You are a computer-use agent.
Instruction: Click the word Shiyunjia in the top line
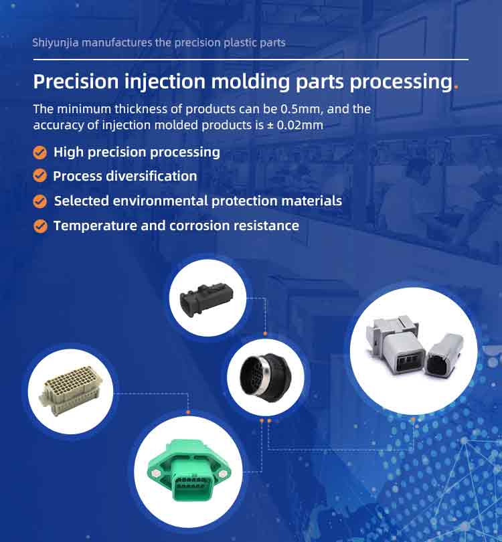point(56,43)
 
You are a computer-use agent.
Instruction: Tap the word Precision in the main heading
point(76,82)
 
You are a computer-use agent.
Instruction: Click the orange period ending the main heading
point(456,88)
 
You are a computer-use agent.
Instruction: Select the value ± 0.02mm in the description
point(295,124)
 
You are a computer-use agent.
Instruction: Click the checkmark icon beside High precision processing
point(40,153)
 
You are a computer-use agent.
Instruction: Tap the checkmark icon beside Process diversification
point(40,175)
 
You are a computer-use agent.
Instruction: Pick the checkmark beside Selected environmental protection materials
point(40,201)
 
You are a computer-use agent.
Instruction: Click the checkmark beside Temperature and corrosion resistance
point(40,226)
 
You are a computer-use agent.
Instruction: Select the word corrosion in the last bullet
point(199,225)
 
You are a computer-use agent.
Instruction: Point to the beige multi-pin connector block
point(71,391)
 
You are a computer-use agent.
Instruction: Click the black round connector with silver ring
point(266,377)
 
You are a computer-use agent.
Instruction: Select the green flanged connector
point(189,470)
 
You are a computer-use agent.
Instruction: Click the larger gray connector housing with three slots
point(398,347)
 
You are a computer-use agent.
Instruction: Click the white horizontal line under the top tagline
point(250,60)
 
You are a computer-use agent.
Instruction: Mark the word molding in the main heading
point(250,82)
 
